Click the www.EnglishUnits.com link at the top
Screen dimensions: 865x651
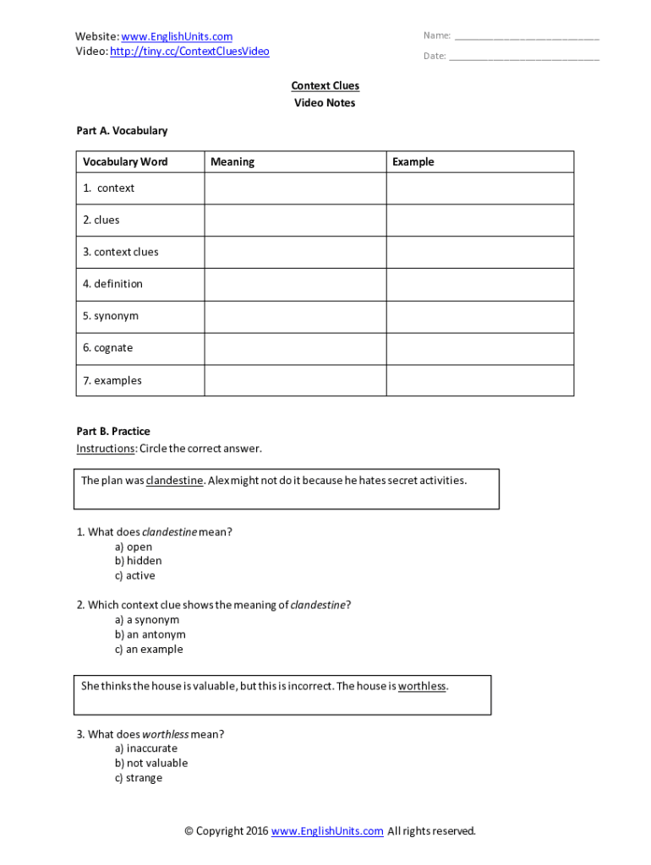(x=177, y=36)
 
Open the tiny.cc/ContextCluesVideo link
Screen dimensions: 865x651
(x=189, y=52)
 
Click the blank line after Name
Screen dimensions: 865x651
(x=527, y=37)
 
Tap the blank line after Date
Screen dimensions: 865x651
(x=524, y=57)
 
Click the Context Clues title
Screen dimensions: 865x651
(x=325, y=86)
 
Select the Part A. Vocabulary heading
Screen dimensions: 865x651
(x=122, y=131)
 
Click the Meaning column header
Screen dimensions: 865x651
(x=232, y=162)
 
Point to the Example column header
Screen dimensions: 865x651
(x=413, y=162)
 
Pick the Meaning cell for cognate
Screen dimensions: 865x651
(x=295, y=348)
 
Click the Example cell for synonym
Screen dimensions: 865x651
(x=479, y=316)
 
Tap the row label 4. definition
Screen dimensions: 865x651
(x=112, y=284)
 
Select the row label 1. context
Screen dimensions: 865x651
(x=108, y=188)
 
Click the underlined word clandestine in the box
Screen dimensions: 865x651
(x=174, y=481)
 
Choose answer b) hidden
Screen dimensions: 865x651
(x=138, y=561)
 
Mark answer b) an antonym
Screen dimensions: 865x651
(x=150, y=634)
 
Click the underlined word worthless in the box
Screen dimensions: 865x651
(x=422, y=687)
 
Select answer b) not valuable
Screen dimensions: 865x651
(x=151, y=764)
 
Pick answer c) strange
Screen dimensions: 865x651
(x=139, y=778)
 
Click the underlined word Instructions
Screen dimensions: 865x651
(x=105, y=449)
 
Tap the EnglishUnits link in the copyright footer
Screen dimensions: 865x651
(x=327, y=831)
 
